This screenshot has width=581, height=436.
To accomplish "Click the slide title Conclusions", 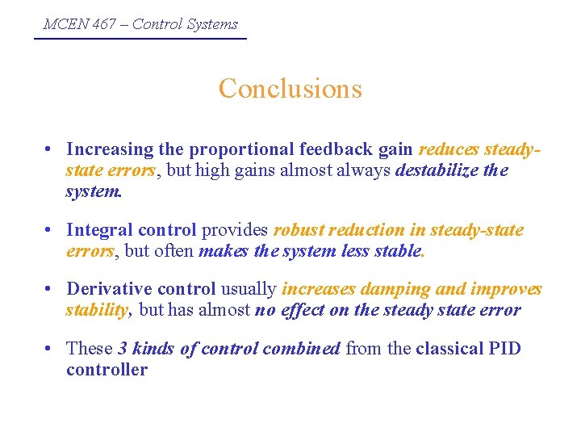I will (290, 88).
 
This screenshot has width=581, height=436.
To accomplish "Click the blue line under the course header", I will (140, 38).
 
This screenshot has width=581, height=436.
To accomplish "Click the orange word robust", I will (300, 230).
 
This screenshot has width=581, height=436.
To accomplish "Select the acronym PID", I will (504, 349).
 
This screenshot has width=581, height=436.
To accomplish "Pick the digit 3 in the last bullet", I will (123, 349).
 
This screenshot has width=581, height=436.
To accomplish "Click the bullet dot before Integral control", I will (50, 231).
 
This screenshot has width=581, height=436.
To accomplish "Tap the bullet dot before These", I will (50, 349).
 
